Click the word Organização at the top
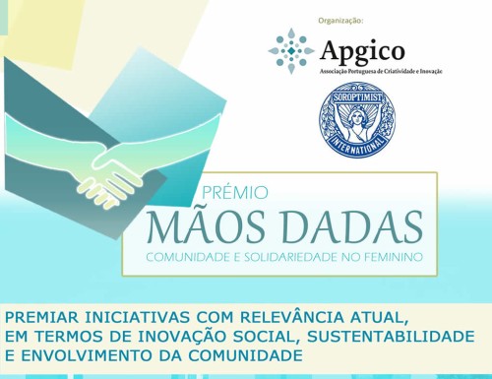[x=341, y=20]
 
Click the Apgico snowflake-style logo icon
[x=290, y=50]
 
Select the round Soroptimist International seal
[x=357, y=122]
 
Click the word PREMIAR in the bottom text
[x=44, y=318]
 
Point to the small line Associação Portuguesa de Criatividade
[x=390, y=72]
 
